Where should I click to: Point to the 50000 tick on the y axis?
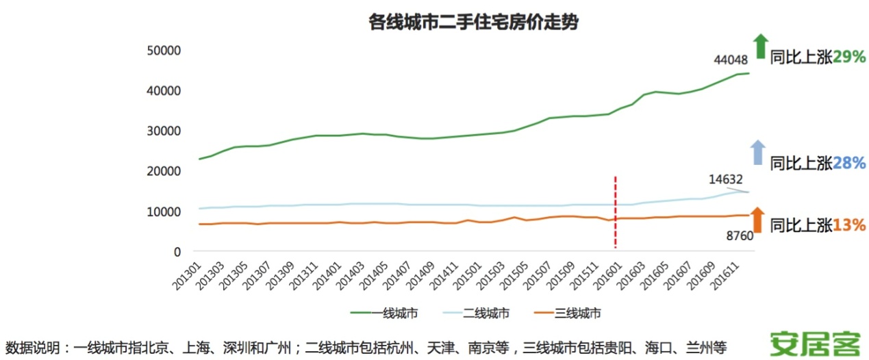tap(162, 51)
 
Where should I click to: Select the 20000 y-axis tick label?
tap(162, 171)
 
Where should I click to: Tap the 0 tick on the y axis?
tap(175, 252)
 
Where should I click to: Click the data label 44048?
tap(731, 60)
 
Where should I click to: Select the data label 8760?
tap(740, 236)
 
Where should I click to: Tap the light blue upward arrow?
tap(757, 152)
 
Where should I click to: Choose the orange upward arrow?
tap(757, 220)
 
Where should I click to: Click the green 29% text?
tap(850, 57)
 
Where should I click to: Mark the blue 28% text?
tap(850, 163)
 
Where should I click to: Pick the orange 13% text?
tap(850, 224)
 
